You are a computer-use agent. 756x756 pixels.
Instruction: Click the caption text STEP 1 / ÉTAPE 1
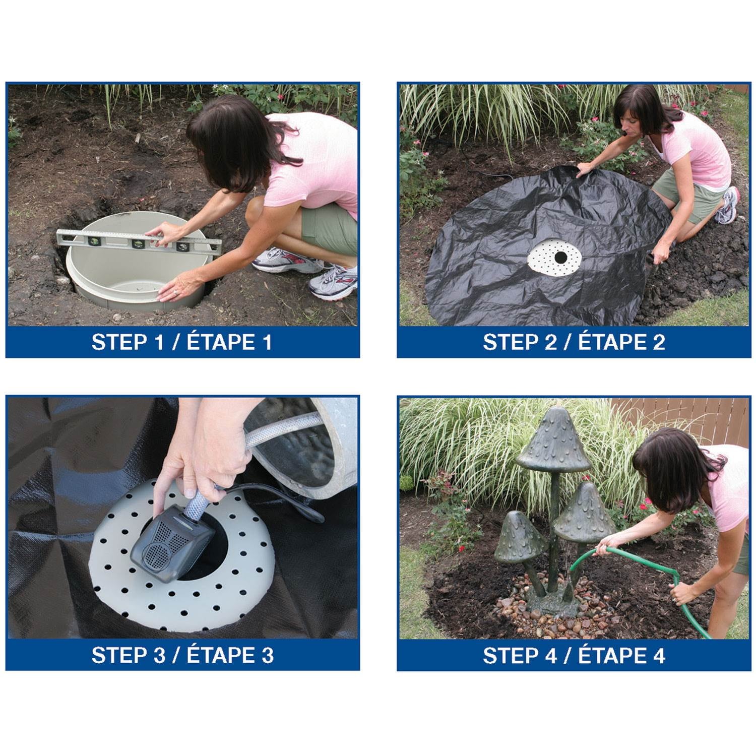[182, 342]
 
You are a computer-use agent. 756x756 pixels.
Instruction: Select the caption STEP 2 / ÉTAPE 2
[574, 342]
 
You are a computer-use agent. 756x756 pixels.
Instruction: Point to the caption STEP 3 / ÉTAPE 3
[182, 655]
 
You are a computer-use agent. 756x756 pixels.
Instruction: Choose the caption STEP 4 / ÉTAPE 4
[574, 655]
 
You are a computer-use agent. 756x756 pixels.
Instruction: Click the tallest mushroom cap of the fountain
[553, 440]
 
